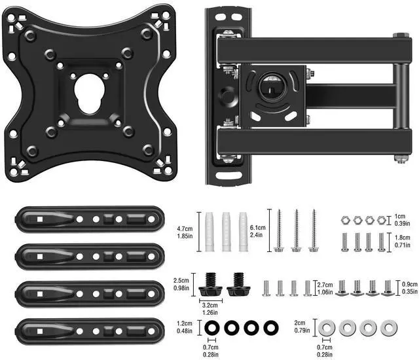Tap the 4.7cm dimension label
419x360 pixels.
point(185,229)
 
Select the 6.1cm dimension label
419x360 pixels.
point(257,228)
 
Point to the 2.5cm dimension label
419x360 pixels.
point(181,280)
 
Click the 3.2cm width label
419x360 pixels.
point(209,305)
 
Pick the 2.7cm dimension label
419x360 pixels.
point(325,285)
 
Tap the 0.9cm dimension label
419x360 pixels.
point(410,285)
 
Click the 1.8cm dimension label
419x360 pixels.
point(403,238)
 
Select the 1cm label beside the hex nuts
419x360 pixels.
point(400,216)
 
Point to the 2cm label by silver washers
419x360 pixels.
point(300,323)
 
